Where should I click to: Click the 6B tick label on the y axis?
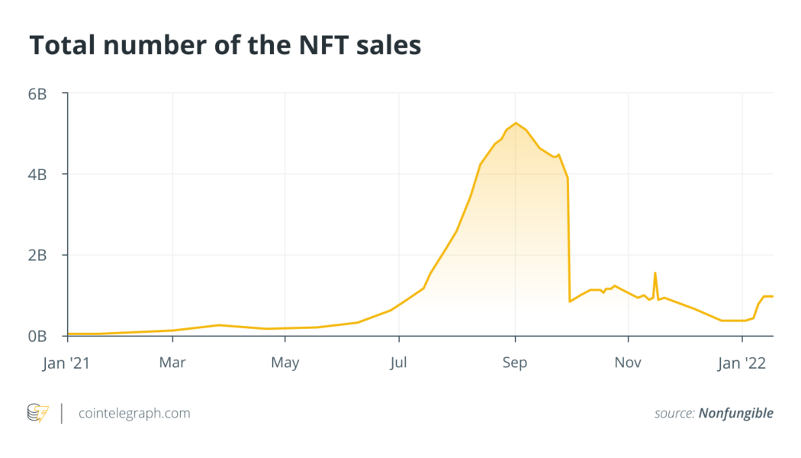pos(38,94)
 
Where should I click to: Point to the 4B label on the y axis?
pos(38,174)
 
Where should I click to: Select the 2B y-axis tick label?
pos(38,255)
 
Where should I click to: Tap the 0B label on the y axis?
pos(38,336)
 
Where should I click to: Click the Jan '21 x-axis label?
pos(68,363)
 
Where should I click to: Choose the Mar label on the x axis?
pos(172,363)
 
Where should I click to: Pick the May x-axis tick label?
pos(285,363)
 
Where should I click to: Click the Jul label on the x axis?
pos(398,363)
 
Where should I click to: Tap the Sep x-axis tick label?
pos(515,363)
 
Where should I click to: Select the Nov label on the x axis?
pos(628,363)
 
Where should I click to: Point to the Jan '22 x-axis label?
pos(742,363)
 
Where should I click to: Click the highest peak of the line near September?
pos(516,123)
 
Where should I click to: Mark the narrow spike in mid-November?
pos(655,273)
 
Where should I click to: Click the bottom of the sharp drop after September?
pos(570,302)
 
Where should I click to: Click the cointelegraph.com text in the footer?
pos(135,413)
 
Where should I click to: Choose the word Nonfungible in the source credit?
pos(735,413)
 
